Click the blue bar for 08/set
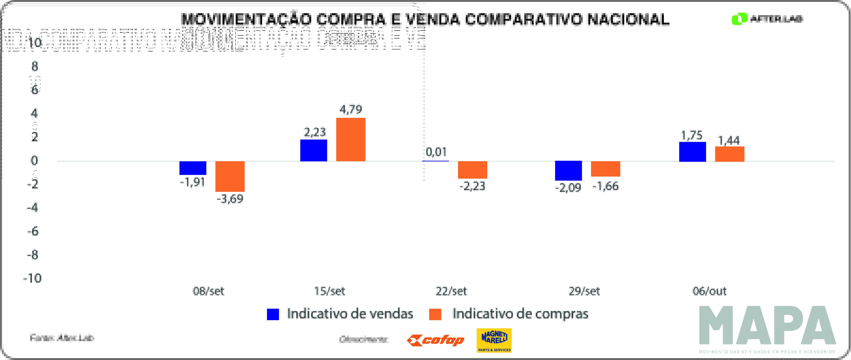193,168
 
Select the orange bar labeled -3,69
230,176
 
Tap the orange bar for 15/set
351,139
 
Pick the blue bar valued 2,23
314,150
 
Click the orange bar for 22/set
472,170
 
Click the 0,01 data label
436,152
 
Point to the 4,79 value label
351,109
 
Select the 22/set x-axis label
451,291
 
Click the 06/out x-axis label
709,291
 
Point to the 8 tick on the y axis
35,66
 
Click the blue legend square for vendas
273,314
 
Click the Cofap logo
436,340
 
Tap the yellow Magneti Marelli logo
494,340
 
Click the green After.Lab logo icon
739,19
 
